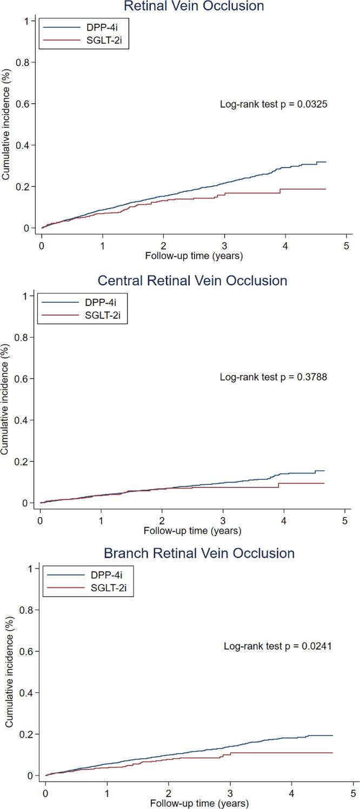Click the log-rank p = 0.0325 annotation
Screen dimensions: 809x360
[x=273, y=103]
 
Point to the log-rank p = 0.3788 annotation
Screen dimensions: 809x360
[x=273, y=377]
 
